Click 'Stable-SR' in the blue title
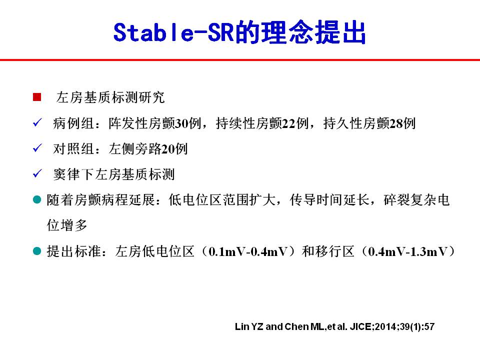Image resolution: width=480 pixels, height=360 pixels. tap(173, 32)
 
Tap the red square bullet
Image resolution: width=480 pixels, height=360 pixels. tap(37, 97)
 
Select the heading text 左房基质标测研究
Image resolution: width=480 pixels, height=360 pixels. tap(110, 97)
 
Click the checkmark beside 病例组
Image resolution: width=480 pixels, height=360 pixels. tap(37, 123)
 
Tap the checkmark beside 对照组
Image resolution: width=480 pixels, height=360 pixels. tap(37, 148)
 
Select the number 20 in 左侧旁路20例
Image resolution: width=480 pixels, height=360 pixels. tap(168, 149)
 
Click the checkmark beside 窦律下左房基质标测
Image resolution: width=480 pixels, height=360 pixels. tap(37, 173)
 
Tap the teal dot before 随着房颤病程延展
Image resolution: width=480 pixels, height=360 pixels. tap(37, 200)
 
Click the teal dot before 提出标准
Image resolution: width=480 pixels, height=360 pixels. tap(37, 251)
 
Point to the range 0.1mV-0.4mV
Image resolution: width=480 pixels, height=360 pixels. tap(248, 251)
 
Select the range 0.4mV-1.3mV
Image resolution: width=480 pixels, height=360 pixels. tap(408, 251)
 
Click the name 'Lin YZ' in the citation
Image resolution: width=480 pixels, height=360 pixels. tap(249, 326)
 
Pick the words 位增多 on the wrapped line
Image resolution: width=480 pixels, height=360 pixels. tap(67, 225)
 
